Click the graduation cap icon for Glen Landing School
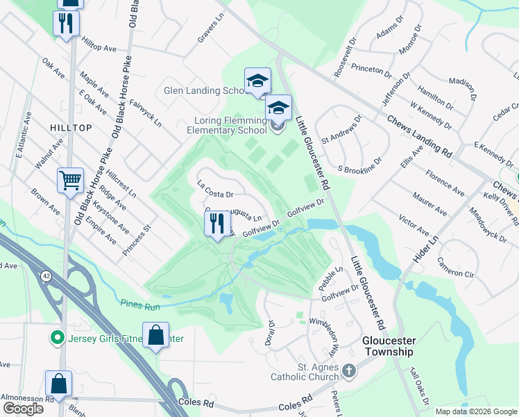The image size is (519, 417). (257, 81)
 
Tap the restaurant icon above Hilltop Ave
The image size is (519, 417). (67, 24)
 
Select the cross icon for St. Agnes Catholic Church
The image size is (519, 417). (348, 371)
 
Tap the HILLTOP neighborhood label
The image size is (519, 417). (71, 128)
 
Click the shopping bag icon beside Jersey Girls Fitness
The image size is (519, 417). (156, 336)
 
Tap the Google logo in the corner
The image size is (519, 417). (23, 409)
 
